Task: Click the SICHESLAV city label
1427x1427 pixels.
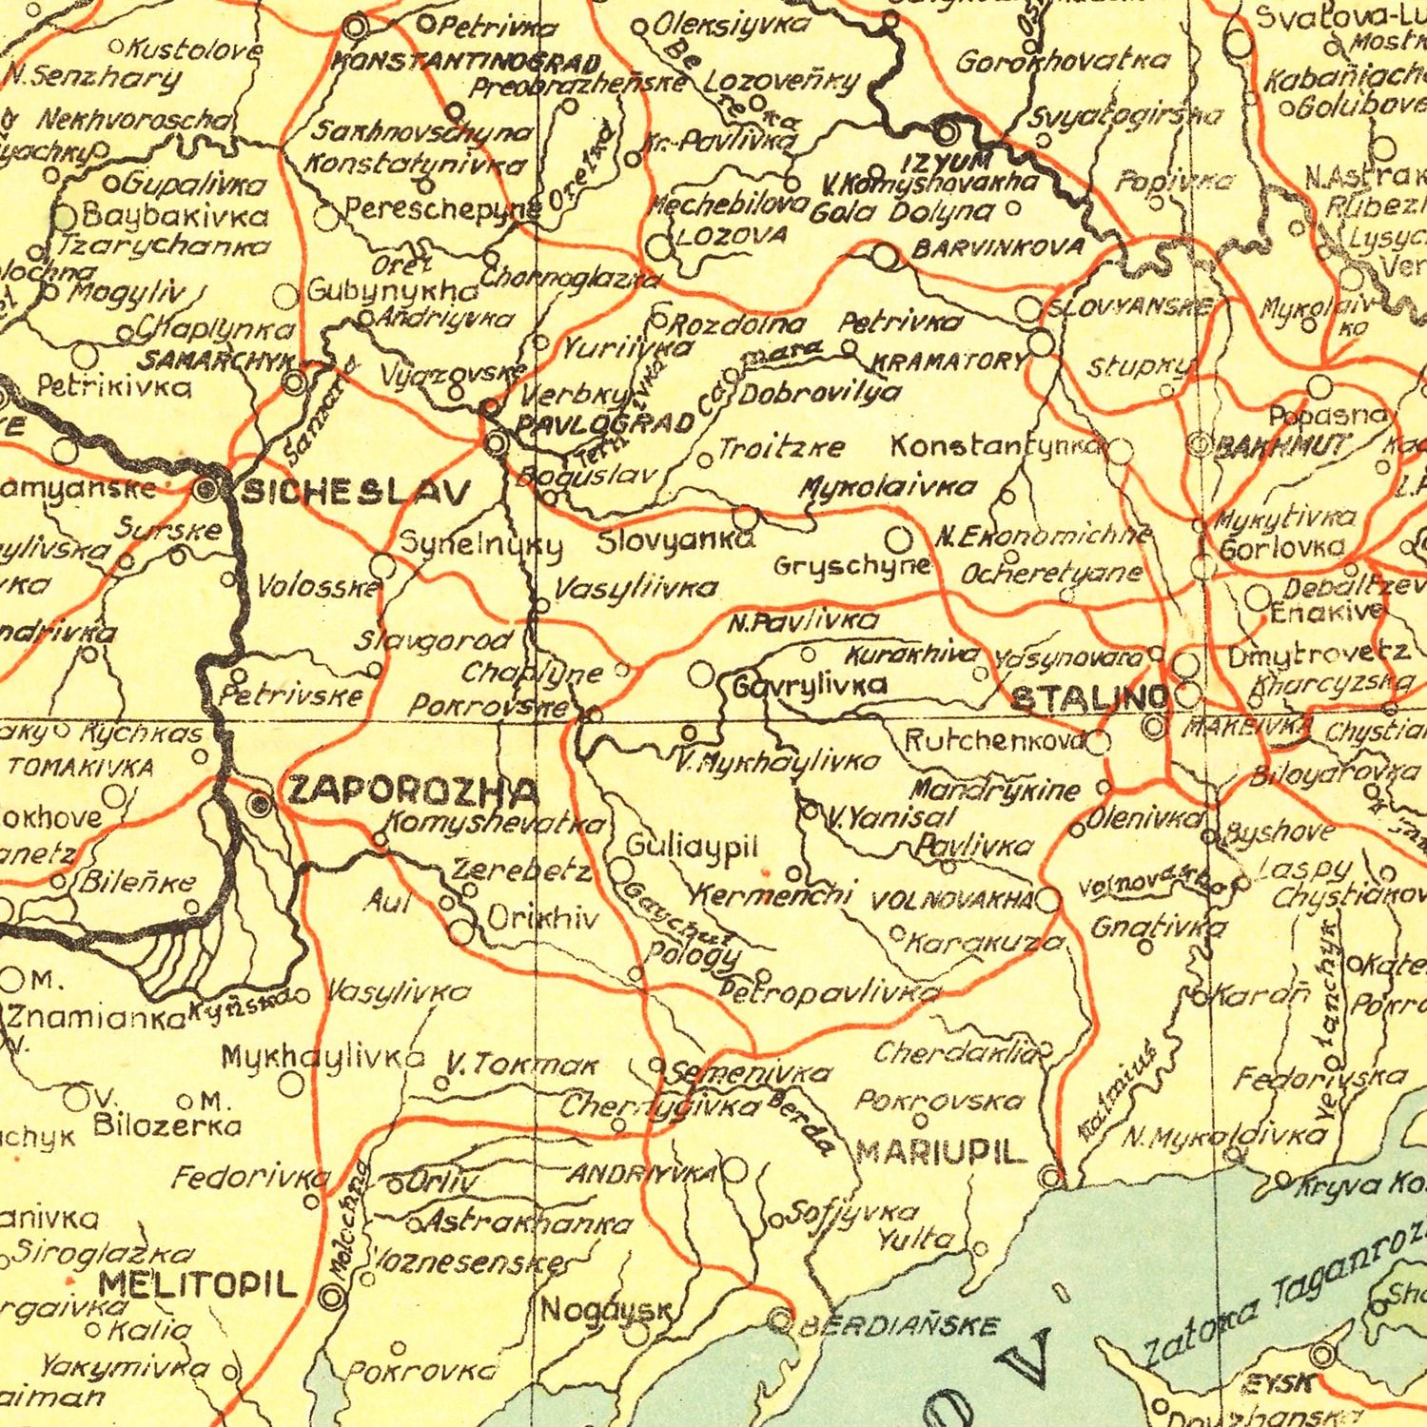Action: tap(356, 493)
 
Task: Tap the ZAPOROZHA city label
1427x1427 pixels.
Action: tap(413, 790)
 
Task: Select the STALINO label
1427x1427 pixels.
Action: tap(1089, 699)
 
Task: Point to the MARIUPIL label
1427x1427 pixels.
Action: tap(942, 1152)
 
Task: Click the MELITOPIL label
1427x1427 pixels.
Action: tap(199, 1286)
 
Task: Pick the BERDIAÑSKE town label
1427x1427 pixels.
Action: tap(899, 1326)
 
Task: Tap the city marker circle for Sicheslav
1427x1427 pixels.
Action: tap(206, 491)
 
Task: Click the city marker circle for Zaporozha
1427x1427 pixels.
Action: tap(259, 805)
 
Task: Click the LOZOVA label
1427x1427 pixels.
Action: tap(733, 235)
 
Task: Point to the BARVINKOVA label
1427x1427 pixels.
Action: tap(998, 248)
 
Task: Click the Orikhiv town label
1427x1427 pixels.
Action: tap(543, 918)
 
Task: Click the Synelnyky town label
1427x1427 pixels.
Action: tap(480, 545)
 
